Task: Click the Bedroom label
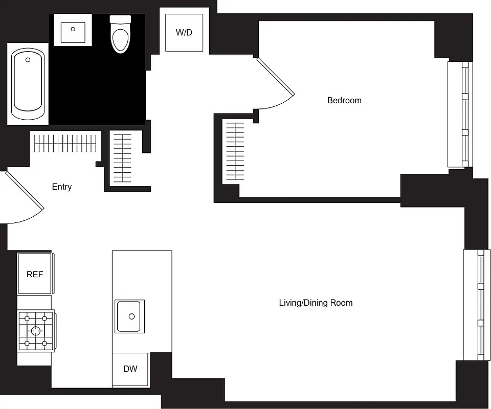click(x=344, y=100)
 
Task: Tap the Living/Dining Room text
click(x=316, y=303)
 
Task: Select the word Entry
click(x=62, y=187)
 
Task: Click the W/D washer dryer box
click(x=184, y=33)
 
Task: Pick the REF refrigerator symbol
click(x=35, y=274)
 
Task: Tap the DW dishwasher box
click(x=130, y=369)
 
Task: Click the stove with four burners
click(x=36, y=330)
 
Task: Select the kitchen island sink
click(x=129, y=316)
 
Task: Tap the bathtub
click(x=28, y=84)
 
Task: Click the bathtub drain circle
click(x=28, y=60)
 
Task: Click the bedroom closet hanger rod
click(x=235, y=151)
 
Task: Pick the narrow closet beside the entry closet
click(x=123, y=158)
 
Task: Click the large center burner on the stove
click(x=36, y=330)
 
